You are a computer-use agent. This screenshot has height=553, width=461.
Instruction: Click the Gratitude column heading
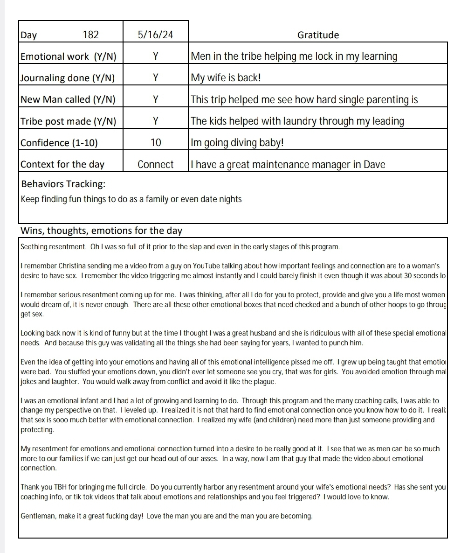coord(318,35)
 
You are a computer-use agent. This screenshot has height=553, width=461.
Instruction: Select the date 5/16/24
coord(156,35)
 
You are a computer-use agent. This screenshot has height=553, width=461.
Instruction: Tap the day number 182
coord(90,35)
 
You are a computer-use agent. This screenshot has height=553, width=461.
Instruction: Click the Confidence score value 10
coord(156,143)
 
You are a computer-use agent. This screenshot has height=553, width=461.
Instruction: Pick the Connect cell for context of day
coord(156,164)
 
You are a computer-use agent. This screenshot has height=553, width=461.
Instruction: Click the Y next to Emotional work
coord(156,56)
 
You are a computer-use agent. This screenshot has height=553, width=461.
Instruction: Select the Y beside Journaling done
coord(156,78)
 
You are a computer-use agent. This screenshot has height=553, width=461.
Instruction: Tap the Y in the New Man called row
coord(156,99)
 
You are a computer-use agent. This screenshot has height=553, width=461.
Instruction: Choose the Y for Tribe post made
coord(156,121)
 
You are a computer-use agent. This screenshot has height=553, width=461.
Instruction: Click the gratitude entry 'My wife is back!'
coord(226,78)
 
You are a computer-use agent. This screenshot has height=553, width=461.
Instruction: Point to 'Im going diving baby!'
coord(237,143)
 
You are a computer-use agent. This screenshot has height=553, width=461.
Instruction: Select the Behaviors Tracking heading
coord(63,184)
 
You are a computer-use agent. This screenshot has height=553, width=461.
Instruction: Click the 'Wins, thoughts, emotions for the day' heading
coord(101,231)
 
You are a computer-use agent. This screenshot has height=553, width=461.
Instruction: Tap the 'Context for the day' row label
coord(62,164)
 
